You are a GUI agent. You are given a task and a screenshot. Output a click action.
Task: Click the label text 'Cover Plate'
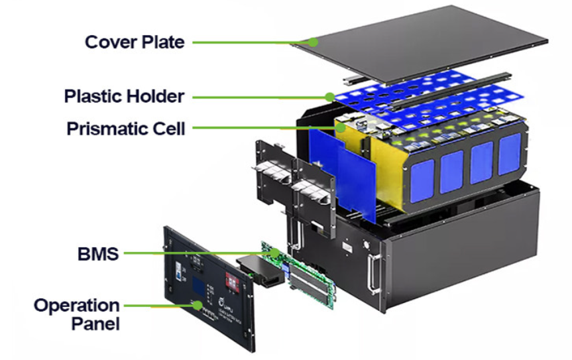click(135, 42)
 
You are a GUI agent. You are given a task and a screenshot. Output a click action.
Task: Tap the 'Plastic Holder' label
click(124, 96)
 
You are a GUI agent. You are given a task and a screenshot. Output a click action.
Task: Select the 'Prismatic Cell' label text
click(126, 128)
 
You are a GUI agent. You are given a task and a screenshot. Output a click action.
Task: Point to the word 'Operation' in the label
click(77, 306)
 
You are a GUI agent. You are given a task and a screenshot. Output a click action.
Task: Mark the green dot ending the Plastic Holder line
click(329, 97)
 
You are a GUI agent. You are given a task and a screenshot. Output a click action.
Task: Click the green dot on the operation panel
click(192, 304)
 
